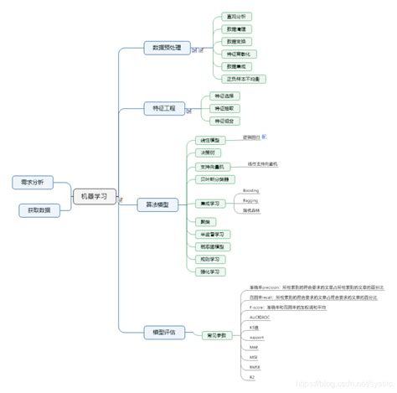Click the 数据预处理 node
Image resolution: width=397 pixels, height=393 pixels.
point(166,48)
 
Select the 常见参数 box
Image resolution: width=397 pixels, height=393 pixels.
point(216,334)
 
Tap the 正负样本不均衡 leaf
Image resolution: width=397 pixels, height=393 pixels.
point(243,79)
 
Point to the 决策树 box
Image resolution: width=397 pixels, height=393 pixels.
point(206,153)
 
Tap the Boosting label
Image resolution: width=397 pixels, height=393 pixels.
point(250,191)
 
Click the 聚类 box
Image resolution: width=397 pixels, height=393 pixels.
point(204,222)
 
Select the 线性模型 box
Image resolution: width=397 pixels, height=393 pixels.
point(208,140)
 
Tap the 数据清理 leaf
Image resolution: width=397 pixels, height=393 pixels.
point(235,28)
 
